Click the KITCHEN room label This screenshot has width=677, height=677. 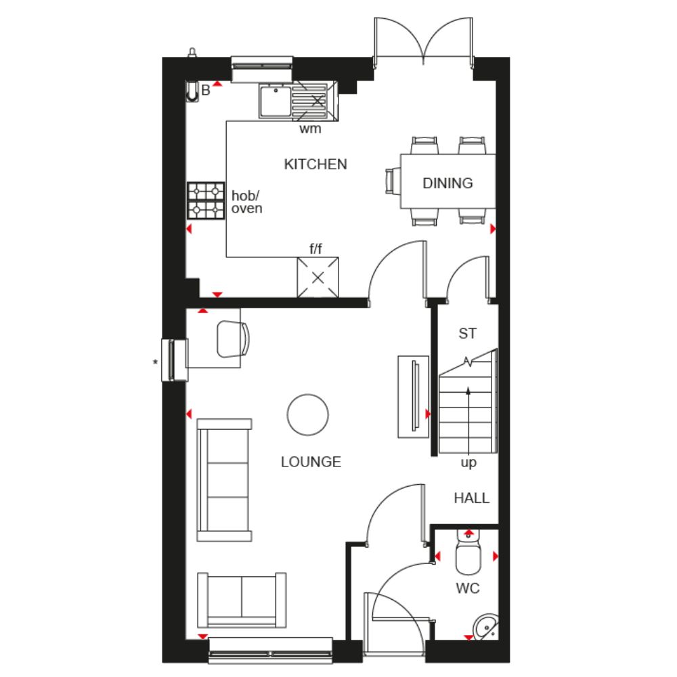(315, 164)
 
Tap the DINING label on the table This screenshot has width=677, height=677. (447, 183)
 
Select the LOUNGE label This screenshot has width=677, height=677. (311, 462)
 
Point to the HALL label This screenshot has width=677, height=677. (471, 498)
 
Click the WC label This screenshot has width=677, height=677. (468, 588)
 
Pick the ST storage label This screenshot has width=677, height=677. (468, 333)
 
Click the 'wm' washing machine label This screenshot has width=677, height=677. (310, 129)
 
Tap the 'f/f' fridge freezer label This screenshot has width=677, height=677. (315, 248)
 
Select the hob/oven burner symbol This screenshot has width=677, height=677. (206, 200)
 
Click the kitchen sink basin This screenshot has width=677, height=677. (275, 102)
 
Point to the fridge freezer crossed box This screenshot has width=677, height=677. (318, 277)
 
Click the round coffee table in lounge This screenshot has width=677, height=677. (307, 414)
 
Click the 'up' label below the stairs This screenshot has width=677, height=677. (468, 463)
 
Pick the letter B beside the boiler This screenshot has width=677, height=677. (206, 90)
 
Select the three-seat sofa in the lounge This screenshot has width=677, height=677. (224, 480)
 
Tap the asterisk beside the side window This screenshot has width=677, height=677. (155, 363)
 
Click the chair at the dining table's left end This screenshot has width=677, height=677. (393, 181)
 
